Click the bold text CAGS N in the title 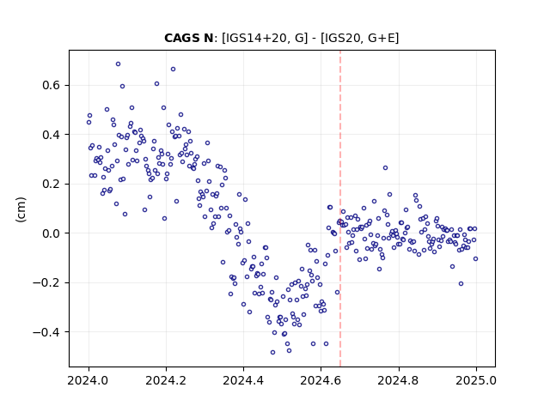coord(189,38)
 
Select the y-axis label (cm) coord(21,209)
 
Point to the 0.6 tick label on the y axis coord(52,85)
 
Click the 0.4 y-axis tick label coord(52,135)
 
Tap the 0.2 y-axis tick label coord(52,184)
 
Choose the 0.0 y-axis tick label coord(52,233)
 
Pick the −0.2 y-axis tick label coord(46,282)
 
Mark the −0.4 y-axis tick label coord(46,332)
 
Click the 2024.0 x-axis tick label coord(89,380)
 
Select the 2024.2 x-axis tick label coord(166,380)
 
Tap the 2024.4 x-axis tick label coord(243,380)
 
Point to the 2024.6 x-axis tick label coord(321,380)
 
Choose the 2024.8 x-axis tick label coord(399,380)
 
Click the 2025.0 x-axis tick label coord(476,380)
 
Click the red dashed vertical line coord(340,209)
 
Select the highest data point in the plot coord(119,64)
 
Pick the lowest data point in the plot coord(273,353)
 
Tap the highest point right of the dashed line coord(386,168)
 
